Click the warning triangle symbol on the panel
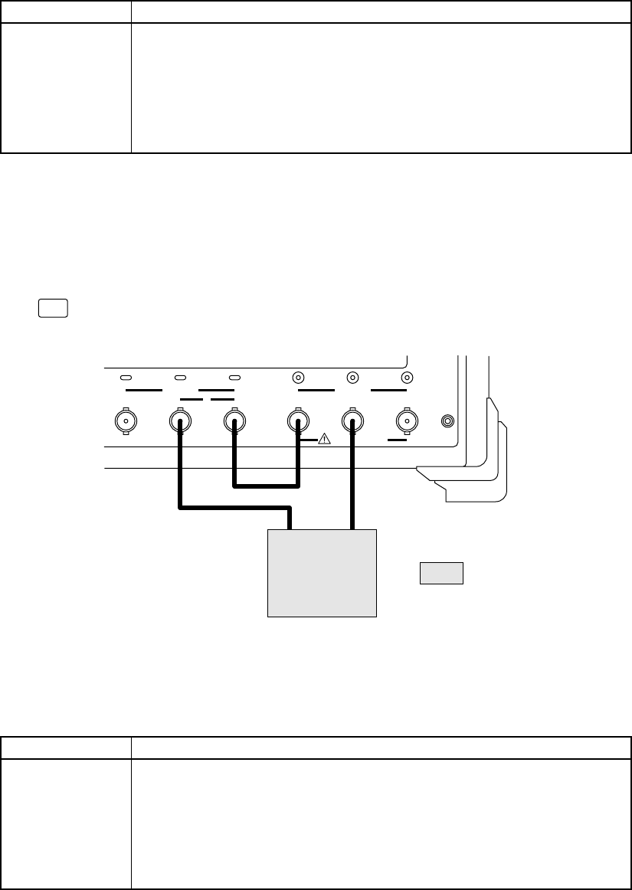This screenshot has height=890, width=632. tap(324, 439)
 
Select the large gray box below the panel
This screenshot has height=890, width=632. tap(322, 572)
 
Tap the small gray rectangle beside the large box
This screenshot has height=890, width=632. tap(441, 573)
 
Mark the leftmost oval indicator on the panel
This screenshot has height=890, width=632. tap(126, 378)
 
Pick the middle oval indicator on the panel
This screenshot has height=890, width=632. tap(181, 378)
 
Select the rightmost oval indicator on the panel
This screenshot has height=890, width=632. tap(234, 378)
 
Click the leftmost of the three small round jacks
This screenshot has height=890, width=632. tap(299, 378)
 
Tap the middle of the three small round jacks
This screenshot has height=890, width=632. tap(352, 378)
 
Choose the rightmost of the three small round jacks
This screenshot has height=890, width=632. tap(407, 378)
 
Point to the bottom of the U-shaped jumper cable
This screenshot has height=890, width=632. tap(266, 484)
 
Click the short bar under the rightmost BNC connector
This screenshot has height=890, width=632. tap(397, 440)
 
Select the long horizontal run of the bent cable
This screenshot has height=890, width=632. tap(234, 507)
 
